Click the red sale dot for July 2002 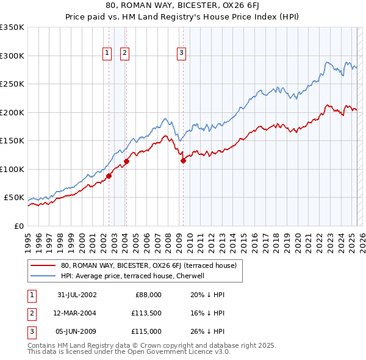(109, 176)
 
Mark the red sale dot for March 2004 (127, 162)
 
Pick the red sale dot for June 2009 (183, 160)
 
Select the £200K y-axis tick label (12, 112)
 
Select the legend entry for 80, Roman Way (152, 265)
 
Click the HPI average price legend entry (135, 276)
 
